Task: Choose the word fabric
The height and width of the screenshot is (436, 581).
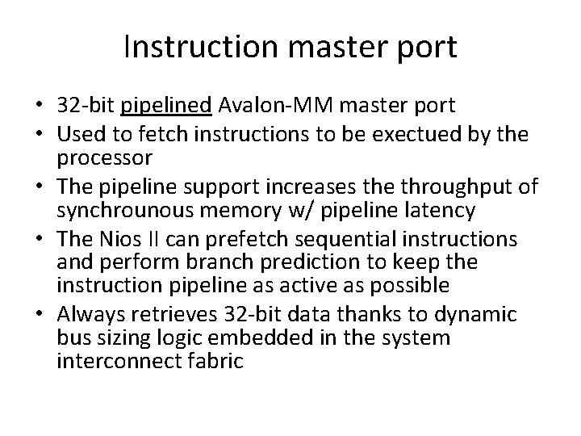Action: pyautogui.click(x=212, y=361)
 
